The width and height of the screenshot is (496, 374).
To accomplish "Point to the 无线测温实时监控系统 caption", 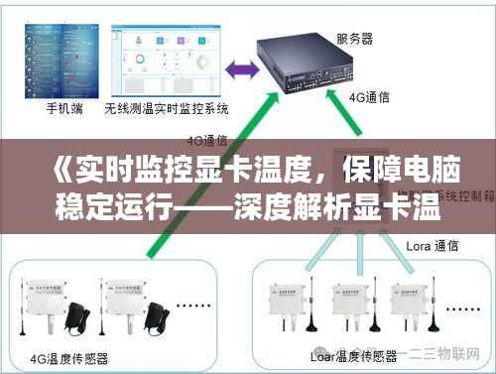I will [167, 108].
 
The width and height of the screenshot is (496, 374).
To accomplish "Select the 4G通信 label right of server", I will [368, 98].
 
